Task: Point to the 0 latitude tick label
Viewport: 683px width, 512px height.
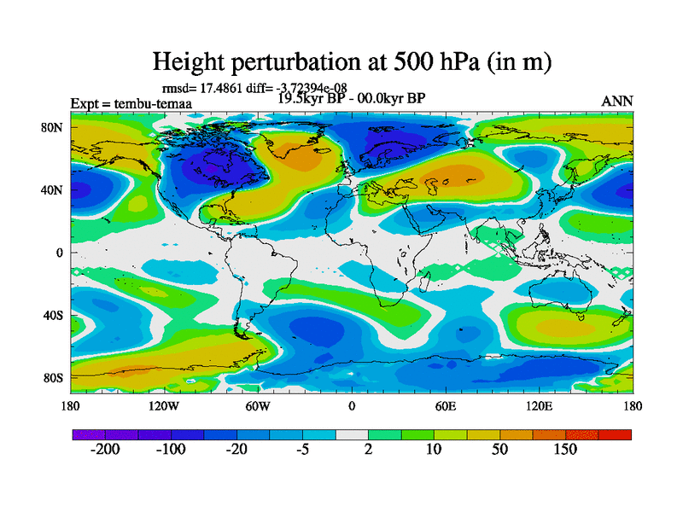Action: pyautogui.click(x=60, y=253)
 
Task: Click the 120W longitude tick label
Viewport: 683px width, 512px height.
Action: pyautogui.click(x=164, y=405)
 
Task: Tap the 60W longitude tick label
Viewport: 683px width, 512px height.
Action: pyautogui.click(x=258, y=405)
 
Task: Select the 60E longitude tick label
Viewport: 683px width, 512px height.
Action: pyautogui.click(x=445, y=405)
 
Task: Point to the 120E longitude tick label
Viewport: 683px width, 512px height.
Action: pyautogui.click(x=539, y=405)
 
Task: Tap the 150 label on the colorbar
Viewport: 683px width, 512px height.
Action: pyautogui.click(x=564, y=450)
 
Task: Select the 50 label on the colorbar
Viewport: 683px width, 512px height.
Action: pyautogui.click(x=499, y=450)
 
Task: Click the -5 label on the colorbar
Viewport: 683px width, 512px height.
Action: pyautogui.click(x=302, y=450)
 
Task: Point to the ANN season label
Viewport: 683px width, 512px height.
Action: pyautogui.click(x=617, y=101)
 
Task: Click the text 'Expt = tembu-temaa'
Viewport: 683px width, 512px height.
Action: pyautogui.click(x=131, y=104)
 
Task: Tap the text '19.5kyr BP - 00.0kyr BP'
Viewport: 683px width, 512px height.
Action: pyautogui.click(x=351, y=97)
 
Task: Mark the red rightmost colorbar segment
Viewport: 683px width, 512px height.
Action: pyautogui.click(x=615, y=434)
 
